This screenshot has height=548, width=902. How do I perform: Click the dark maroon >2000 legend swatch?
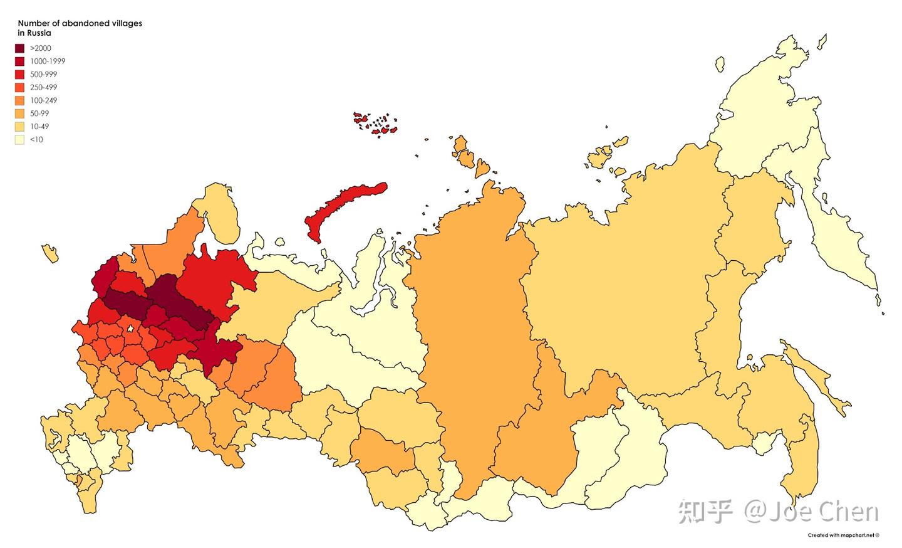pyautogui.click(x=20, y=48)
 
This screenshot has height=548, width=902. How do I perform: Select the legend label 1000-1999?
pyautogui.click(x=48, y=61)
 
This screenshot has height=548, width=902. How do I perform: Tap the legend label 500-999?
pyautogui.click(x=44, y=75)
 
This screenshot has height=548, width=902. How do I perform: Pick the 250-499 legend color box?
pyautogui.click(x=20, y=88)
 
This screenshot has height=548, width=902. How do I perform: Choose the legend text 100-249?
pyautogui.click(x=44, y=101)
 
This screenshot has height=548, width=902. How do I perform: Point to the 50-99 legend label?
pyautogui.click(x=39, y=113)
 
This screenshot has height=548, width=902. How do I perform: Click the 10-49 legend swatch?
pyautogui.click(x=20, y=127)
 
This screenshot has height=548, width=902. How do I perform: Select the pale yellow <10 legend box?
pyautogui.click(x=20, y=140)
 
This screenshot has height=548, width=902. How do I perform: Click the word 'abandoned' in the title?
pyautogui.click(x=81, y=23)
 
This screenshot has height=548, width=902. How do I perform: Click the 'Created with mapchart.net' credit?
pyautogui.click(x=843, y=535)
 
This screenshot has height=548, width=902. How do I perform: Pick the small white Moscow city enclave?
pyautogui.click(x=129, y=329)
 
